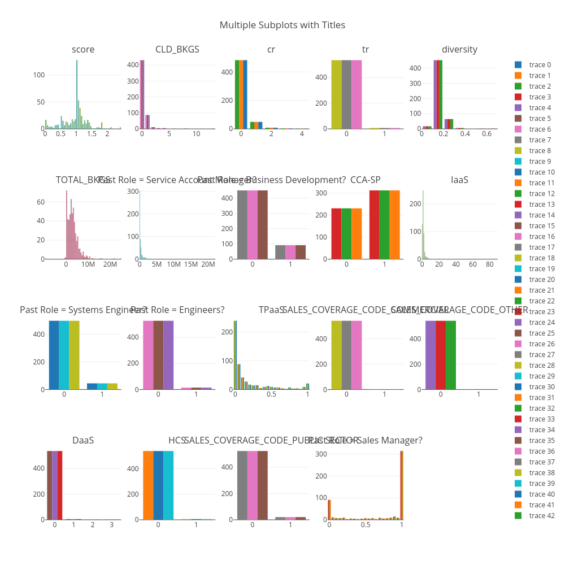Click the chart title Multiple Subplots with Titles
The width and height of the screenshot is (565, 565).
point(282,25)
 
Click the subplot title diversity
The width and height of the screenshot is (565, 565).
point(459,49)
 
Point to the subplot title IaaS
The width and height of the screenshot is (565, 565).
point(459,180)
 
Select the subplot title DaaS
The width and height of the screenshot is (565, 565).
point(83,440)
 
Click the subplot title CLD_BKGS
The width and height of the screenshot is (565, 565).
point(177,49)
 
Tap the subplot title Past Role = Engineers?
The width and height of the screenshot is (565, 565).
point(177,310)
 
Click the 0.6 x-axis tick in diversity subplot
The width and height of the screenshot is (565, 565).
point(486,134)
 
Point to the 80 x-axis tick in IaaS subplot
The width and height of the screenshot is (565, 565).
point(489,264)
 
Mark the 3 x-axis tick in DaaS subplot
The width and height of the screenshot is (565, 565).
point(111,525)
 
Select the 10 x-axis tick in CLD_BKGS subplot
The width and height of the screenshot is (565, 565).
point(196,134)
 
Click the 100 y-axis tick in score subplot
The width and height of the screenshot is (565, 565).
point(39,75)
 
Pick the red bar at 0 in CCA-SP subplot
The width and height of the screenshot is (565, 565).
point(336,234)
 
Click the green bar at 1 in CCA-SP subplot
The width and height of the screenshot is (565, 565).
point(384,225)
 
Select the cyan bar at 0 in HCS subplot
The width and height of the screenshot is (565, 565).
point(168,485)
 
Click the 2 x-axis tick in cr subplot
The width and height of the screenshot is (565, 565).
point(271,134)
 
